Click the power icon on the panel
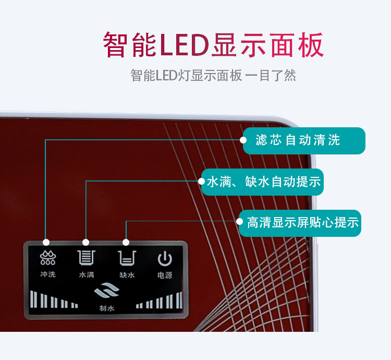[x=165, y=258]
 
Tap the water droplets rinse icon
[x=47, y=258]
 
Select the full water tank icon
[x=86, y=258]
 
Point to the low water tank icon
[x=127, y=258]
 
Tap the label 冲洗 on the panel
[x=47, y=274]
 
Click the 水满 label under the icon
[x=86, y=274]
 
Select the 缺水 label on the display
[x=127, y=274]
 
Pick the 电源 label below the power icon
[x=165, y=274]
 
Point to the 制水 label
[x=106, y=308]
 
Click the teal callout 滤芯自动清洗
[x=304, y=140]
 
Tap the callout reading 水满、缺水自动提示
[x=263, y=182]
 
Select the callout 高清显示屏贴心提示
[x=303, y=222]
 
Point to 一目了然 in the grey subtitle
[x=271, y=75]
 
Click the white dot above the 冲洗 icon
[x=46, y=242]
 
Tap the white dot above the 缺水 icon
[x=126, y=242]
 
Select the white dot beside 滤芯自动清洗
[x=243, y=140]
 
